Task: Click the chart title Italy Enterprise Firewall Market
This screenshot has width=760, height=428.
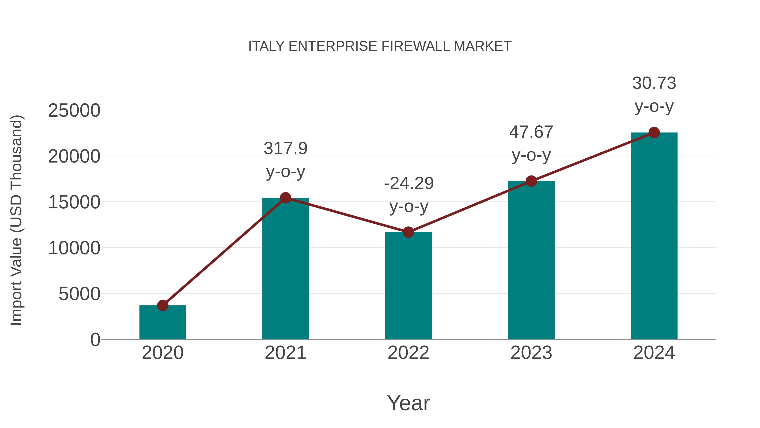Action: (380, 46)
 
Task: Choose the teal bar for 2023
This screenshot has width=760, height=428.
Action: (531, 260)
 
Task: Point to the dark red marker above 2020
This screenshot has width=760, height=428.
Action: (163, 305)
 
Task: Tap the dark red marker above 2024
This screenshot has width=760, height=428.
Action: (654, 133)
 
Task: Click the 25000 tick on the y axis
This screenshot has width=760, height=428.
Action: (74, 111)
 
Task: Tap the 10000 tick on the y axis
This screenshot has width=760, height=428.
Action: (74, 248)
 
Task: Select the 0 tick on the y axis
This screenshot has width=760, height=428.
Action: (95, 340)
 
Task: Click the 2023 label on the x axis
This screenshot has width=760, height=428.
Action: (531, 353)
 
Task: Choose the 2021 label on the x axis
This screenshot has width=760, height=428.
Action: (285, 353)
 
